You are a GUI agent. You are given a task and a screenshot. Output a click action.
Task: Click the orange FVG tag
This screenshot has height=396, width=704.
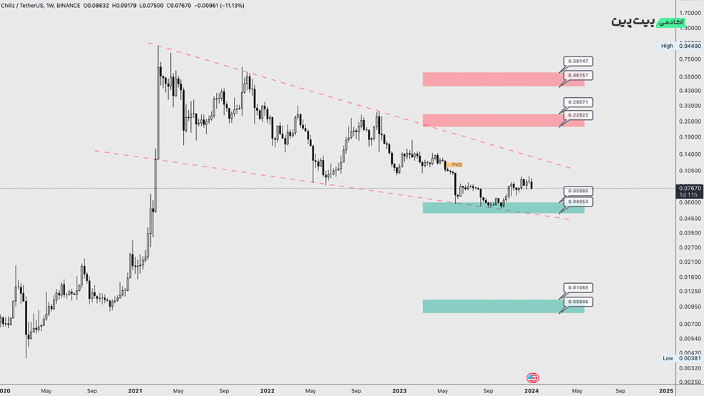(456, 164)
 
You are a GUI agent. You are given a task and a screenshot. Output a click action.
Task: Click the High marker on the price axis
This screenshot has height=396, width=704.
(667, 46)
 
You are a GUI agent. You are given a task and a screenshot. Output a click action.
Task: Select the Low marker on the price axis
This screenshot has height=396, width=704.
(668, 358)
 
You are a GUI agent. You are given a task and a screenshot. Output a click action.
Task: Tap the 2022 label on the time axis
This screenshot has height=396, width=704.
(268, 391)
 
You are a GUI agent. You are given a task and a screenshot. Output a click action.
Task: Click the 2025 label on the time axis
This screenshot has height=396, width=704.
(665, 391)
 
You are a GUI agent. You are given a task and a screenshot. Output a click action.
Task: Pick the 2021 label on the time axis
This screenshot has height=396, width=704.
(136, 391)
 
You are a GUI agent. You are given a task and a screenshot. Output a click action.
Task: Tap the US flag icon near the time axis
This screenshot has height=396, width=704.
(532, 378)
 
